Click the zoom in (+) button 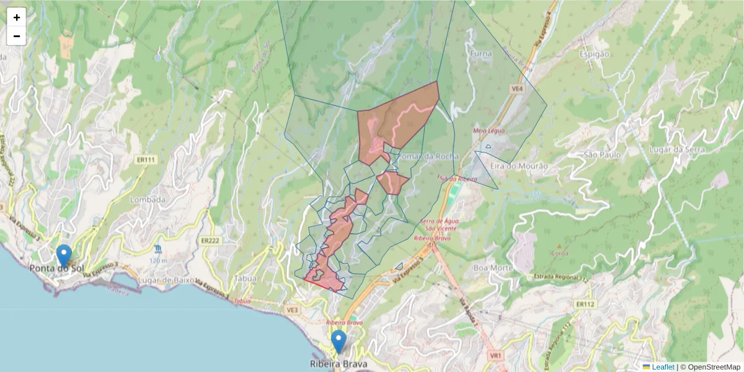coord(17,17)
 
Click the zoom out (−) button coord(17,36)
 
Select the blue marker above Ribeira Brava coord(339,342)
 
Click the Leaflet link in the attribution coord(663,367)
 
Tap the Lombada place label coord(148,200)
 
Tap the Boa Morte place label coord(493,268)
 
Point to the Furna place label coord(481,54)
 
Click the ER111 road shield coord(146,160)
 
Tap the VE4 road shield coord(518,89)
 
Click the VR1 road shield coord(495,356)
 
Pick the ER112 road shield coord(585,304)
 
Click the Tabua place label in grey coord(246,278)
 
